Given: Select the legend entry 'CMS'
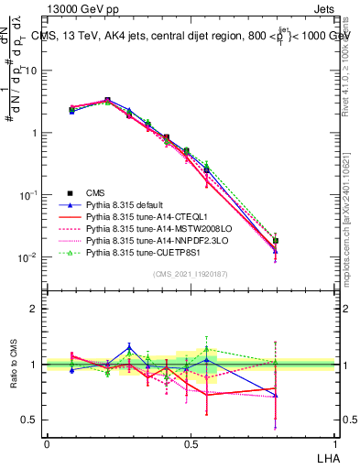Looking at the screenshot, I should pos(95,192).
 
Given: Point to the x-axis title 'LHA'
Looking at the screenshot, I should pos(324,455).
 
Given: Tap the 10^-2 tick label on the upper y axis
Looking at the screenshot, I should pos(30,257).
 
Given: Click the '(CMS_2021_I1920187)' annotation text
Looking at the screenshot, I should pos(191,274).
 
